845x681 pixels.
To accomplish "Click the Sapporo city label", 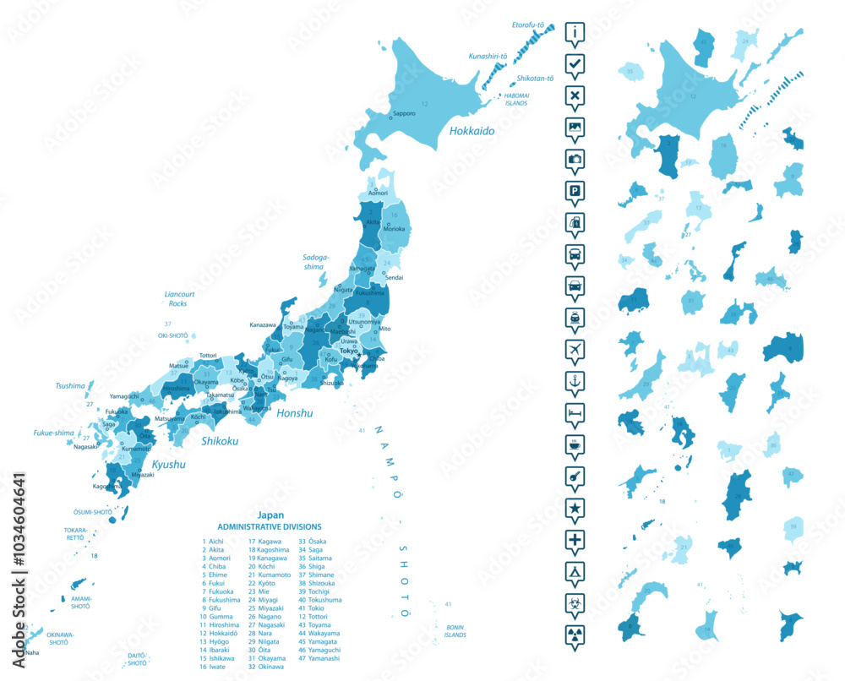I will [x=403, y=113].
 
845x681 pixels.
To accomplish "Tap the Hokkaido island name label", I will [x=472, y=131].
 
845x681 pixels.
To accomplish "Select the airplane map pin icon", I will [x=575, y=349].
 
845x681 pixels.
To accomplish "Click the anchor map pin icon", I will [x=575, y=381].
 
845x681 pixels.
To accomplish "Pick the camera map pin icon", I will [x=575, y=159].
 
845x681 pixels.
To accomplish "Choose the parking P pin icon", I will [x=575, y=191].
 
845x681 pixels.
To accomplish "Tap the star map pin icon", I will [x=575, y=508].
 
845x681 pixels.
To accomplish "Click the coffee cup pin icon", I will [x=575, y=444].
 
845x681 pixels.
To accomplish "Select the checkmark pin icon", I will [x=575, y=63].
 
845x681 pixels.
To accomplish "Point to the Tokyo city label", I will [x=348, y=350].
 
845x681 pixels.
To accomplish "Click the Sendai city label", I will [x=394, y=277].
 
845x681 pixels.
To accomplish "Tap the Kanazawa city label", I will [x=263, y=324].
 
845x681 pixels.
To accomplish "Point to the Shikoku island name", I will [x=218, y=441].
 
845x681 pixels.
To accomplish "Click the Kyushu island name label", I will [x=168, y=465].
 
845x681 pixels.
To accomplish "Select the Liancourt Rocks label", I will [x=177, y=298].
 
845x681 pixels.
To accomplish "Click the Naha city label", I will [x=31, y=652].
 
